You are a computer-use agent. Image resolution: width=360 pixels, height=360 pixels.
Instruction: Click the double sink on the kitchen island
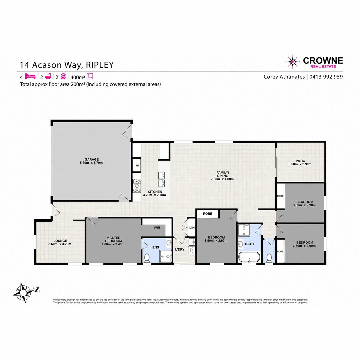(x=162, y=179)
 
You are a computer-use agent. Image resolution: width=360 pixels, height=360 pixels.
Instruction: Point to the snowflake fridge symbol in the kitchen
(x=137, y=165)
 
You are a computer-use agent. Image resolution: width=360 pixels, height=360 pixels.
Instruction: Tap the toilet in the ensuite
(x=147, y=257)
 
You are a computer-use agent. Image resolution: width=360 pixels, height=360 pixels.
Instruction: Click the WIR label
(x=157, y=228)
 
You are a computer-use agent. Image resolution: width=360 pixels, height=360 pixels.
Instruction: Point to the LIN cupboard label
(x=192, y=228)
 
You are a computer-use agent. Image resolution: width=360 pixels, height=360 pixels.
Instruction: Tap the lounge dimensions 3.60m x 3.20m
(x=60, y=244)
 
